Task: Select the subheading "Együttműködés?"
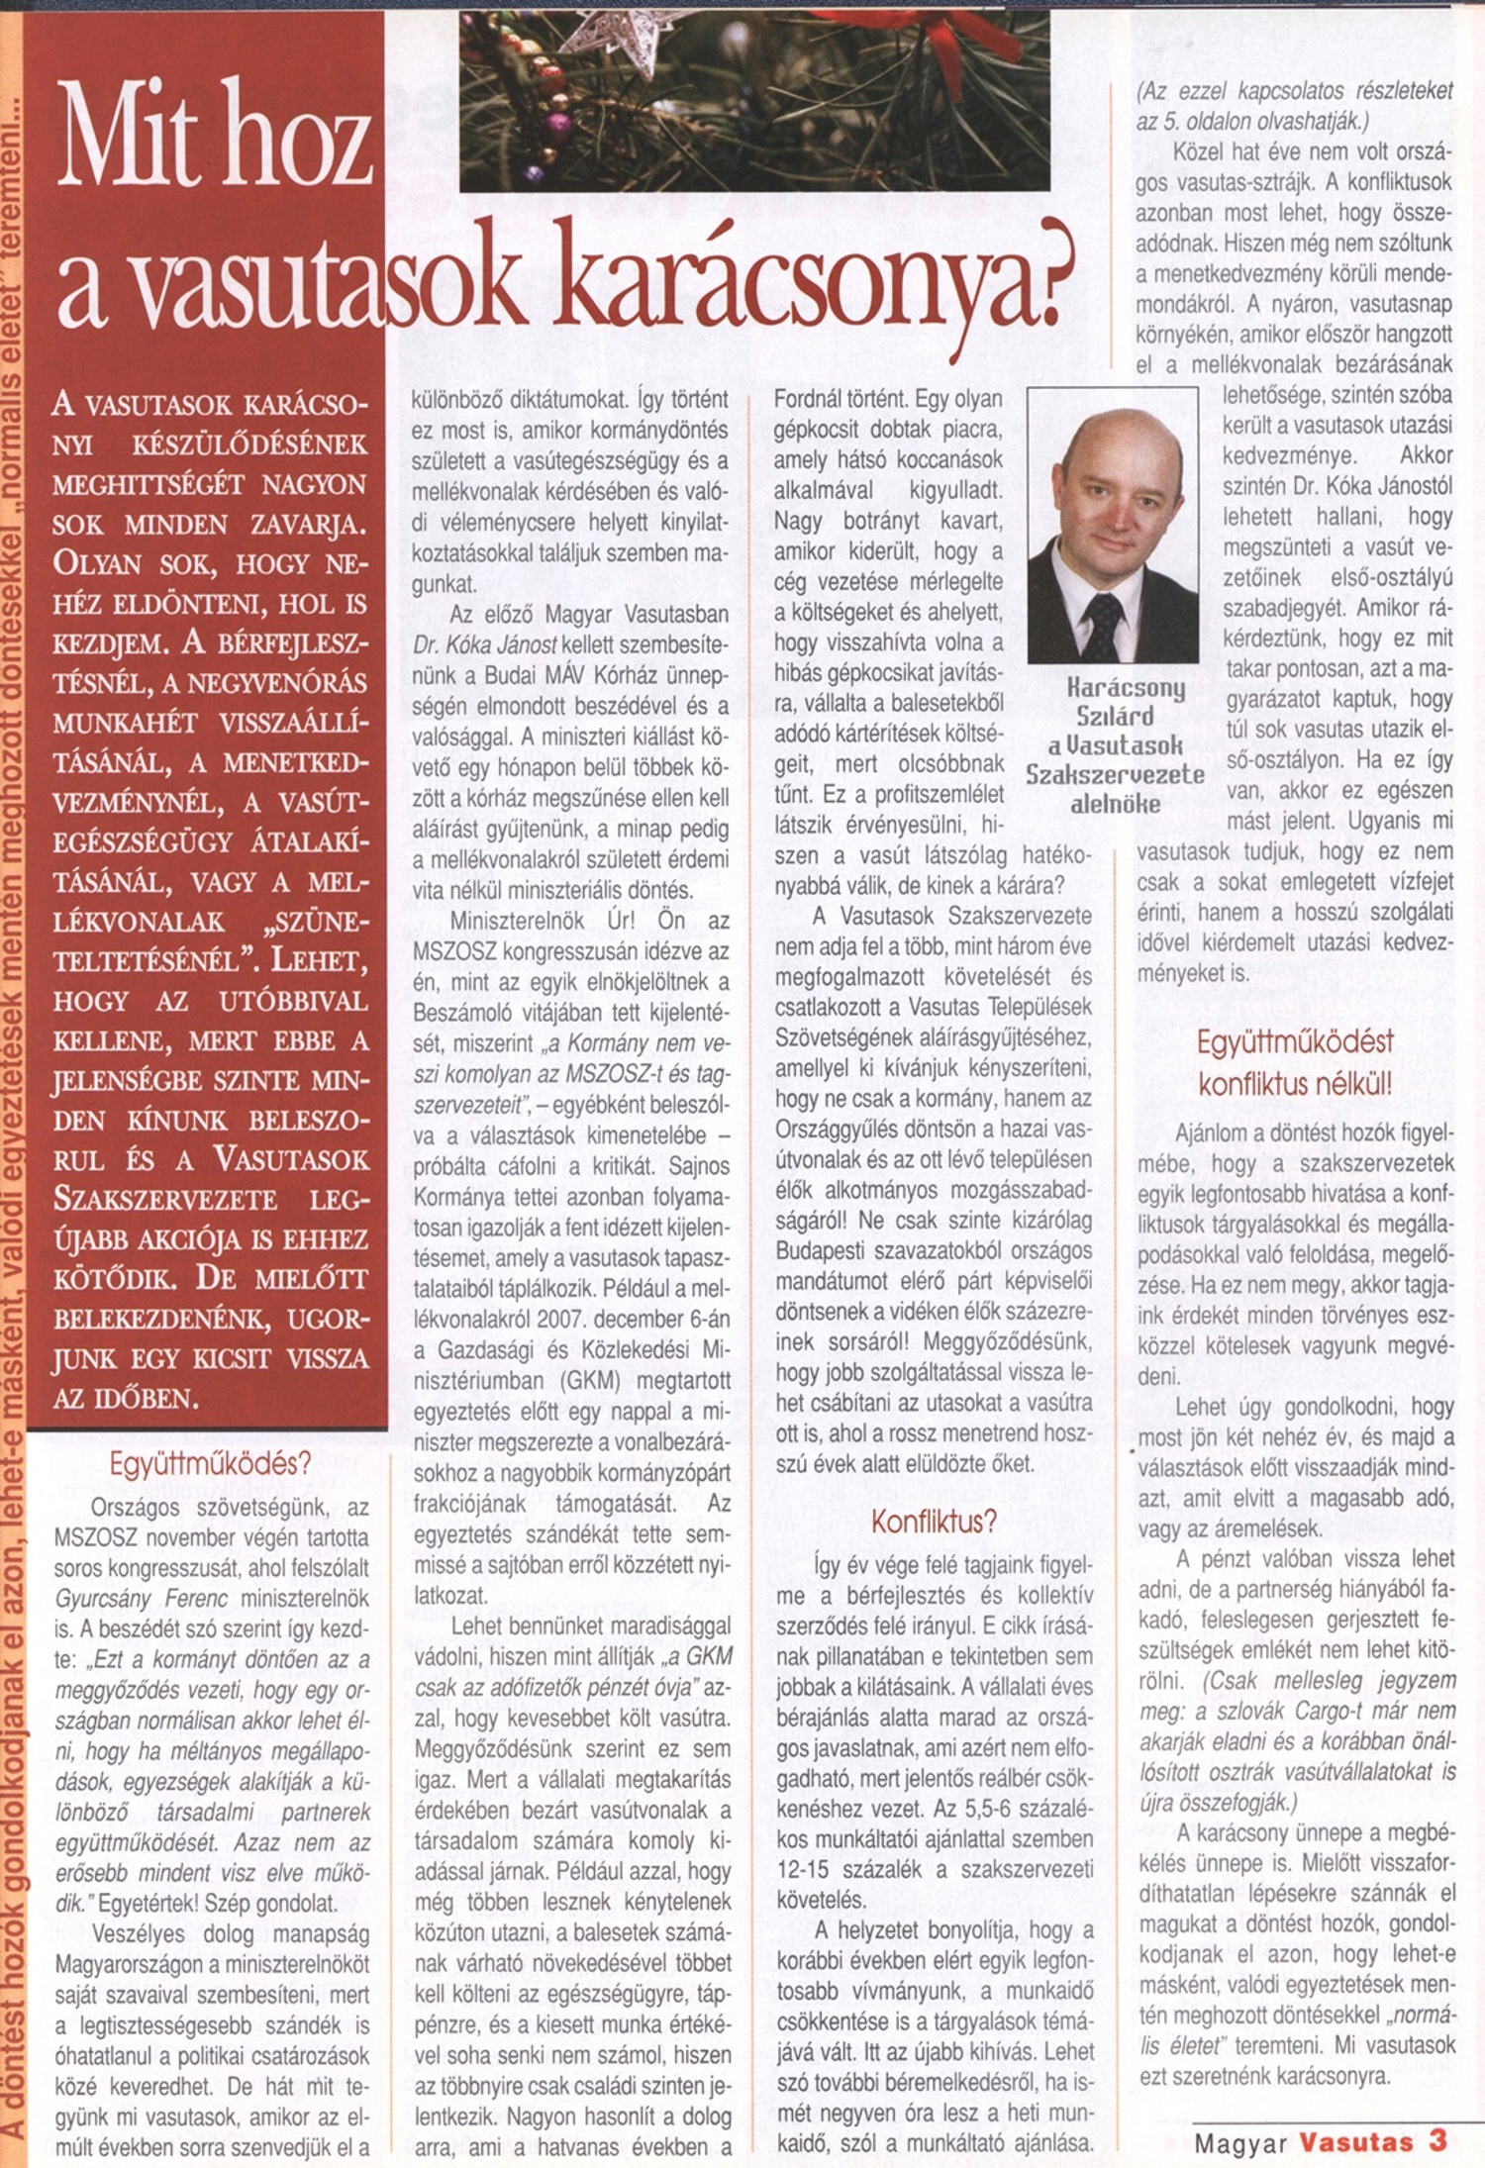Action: (x=210, y=1463)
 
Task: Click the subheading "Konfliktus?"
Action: (x=934, y=1522)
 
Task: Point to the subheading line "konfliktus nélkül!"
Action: (x=1295, y=1084)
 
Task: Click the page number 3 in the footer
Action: (x=1437, y=2141)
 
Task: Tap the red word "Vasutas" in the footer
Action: (x=1355, y=2143)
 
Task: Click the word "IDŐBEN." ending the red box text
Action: (x=127, y=1399)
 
